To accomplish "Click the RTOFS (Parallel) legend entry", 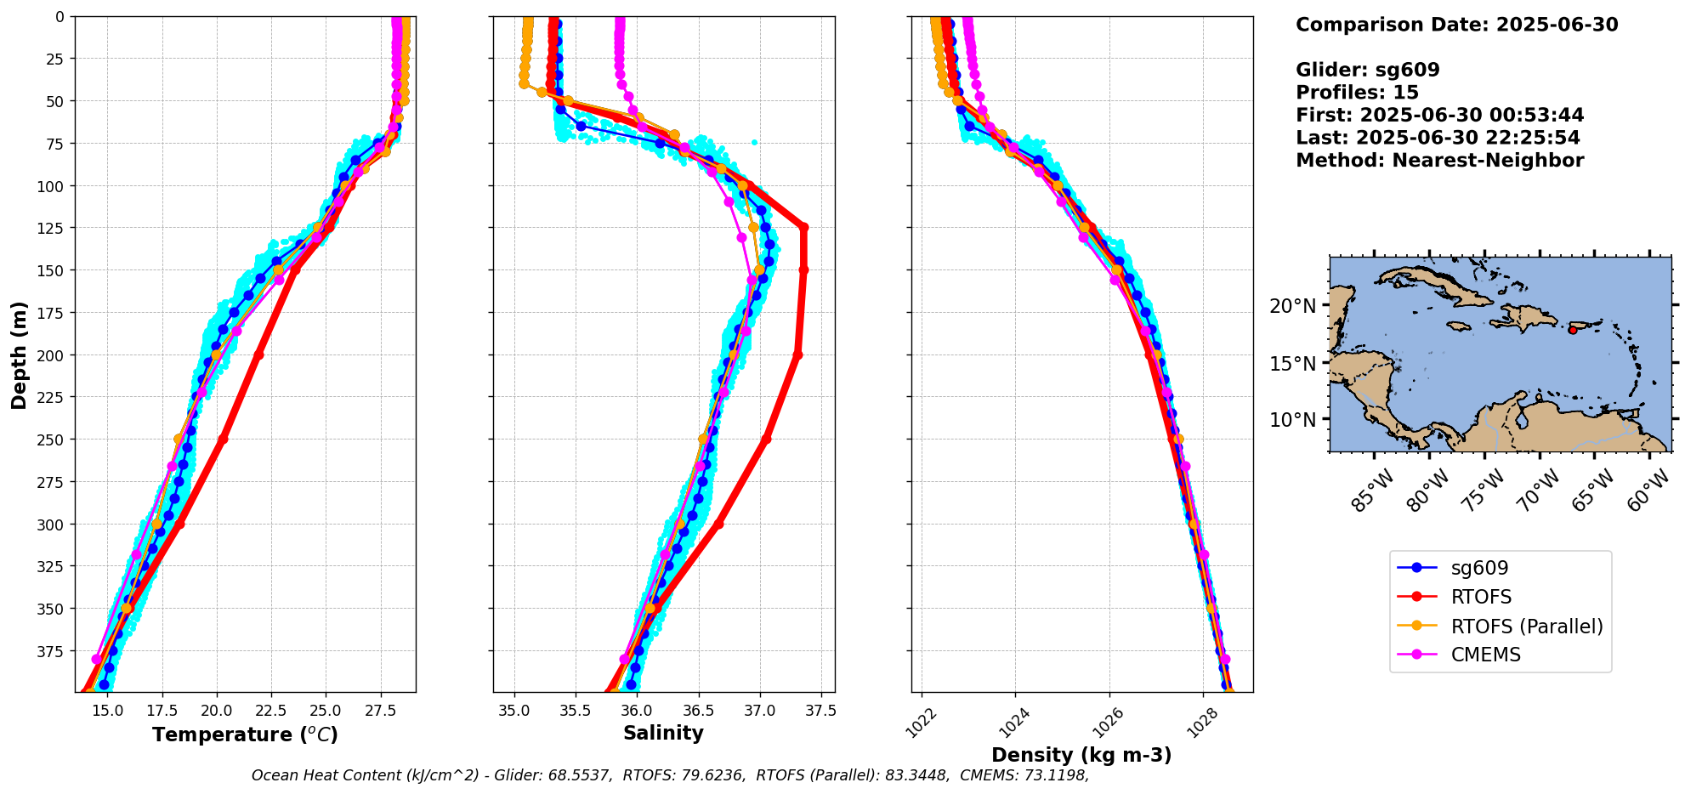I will pyautogui.click(x=1526, y=627).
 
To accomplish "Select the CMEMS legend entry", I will pyautogui.click(x=1485, y=655).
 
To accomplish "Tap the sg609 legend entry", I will pyautogui.click(x=1479, y=569).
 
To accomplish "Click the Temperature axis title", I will pyautogui.click(x=245, y=734).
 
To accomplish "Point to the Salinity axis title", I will pyautogui.click(x=663, y=733).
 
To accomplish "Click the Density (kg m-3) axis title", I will pyautogui.click(x=1081, y=755).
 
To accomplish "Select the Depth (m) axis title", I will pyautogui.click(x=19, y=354).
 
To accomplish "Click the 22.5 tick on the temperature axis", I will pyautogui.click(x=271, y=711).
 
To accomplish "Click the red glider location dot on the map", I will pyautogui.click(x=1572, y=330).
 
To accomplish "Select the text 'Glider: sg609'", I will pyautogui.click(x=1367, y=71).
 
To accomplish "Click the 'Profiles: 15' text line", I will pyautogui.click(x=1357, y=93).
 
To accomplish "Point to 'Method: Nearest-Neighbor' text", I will pyautogui.click(x=1439, y=161).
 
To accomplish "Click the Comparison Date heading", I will pyautogui.click(x=1456, y=25).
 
